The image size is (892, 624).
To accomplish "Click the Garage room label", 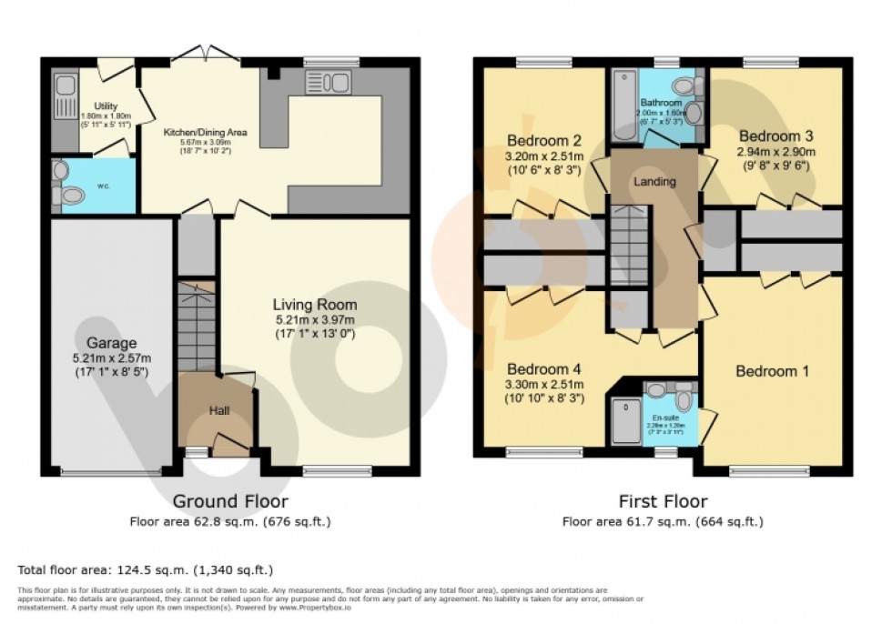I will tap(111, 343).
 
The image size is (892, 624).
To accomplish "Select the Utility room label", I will tap(106, 106).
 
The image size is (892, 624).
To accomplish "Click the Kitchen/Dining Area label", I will tap(205, 132).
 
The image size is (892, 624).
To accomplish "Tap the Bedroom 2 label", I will tap(543, 141).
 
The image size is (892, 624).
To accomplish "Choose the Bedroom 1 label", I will tap(772, 371).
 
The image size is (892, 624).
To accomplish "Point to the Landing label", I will tap(654, 182).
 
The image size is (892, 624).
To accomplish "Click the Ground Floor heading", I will tap(230, 501).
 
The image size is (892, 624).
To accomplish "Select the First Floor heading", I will tap(662, 501).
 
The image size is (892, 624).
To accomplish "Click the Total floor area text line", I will tap(146, 570).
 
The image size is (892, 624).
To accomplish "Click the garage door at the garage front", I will tap(110, 471).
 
